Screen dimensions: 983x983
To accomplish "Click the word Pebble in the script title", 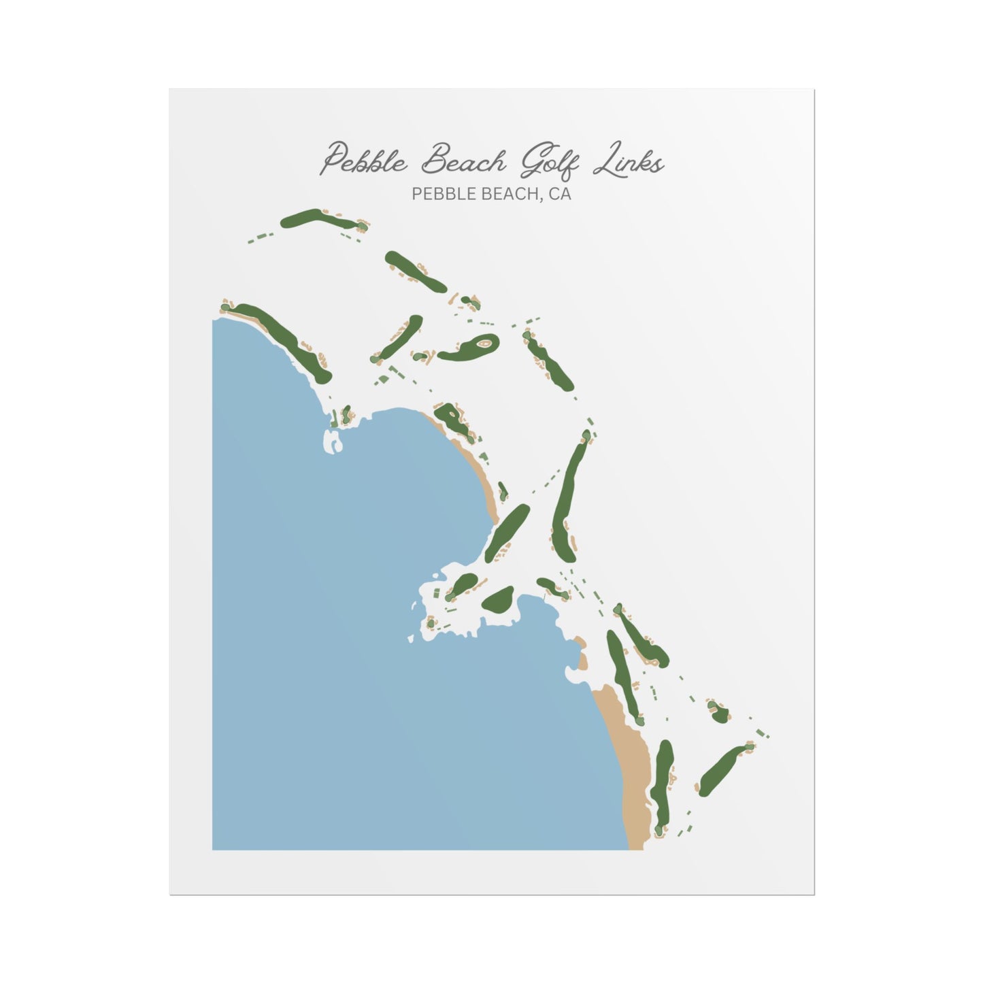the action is (x=364, y=161).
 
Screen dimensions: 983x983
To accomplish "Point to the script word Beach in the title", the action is (x=463, y=161).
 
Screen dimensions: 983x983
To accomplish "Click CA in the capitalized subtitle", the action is (x=561, y=195).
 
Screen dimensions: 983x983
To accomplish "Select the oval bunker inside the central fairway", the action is (x=484, y=344).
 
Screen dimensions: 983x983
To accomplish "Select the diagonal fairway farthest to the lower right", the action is (x=722, y=771).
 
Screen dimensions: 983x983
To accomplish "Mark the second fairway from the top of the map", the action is (x=415, y=271).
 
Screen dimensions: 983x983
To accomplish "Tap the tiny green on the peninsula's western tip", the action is (x=431, y=622).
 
